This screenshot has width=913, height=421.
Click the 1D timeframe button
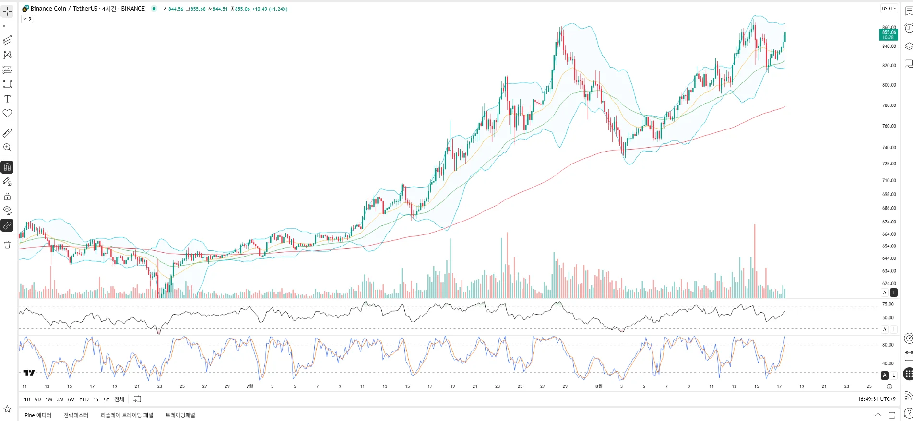tap(27, 399)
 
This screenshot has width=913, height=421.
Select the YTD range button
tap(83, 399)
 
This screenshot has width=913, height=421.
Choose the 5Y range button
tap(107, 399)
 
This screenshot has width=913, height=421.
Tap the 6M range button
tap(71, 399)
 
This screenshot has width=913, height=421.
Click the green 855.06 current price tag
tap(889, 35)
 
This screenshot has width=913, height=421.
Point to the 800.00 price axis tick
tap(889, 85)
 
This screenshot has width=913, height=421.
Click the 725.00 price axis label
tap(889, 164)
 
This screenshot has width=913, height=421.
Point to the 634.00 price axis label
tap(889, 271)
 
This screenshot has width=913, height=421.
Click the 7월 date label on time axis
tap(249, 386)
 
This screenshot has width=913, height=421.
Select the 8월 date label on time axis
tap(598, 386)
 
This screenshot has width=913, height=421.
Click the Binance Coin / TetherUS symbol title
tap(87, 9)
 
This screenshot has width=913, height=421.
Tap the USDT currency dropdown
tap(889, 9)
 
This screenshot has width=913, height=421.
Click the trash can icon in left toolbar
tap(7, 245)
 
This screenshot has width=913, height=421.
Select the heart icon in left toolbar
tap(7, 114)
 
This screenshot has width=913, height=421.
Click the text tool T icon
tap(7, 99)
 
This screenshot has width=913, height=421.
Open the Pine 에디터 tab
tap(38, 415)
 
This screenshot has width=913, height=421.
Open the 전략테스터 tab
tap(76, 415)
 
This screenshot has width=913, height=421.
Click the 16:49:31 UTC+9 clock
tap(877, 399)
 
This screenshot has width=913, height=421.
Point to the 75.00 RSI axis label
tap(888, 304)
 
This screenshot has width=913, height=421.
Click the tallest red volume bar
tap(755, 261)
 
